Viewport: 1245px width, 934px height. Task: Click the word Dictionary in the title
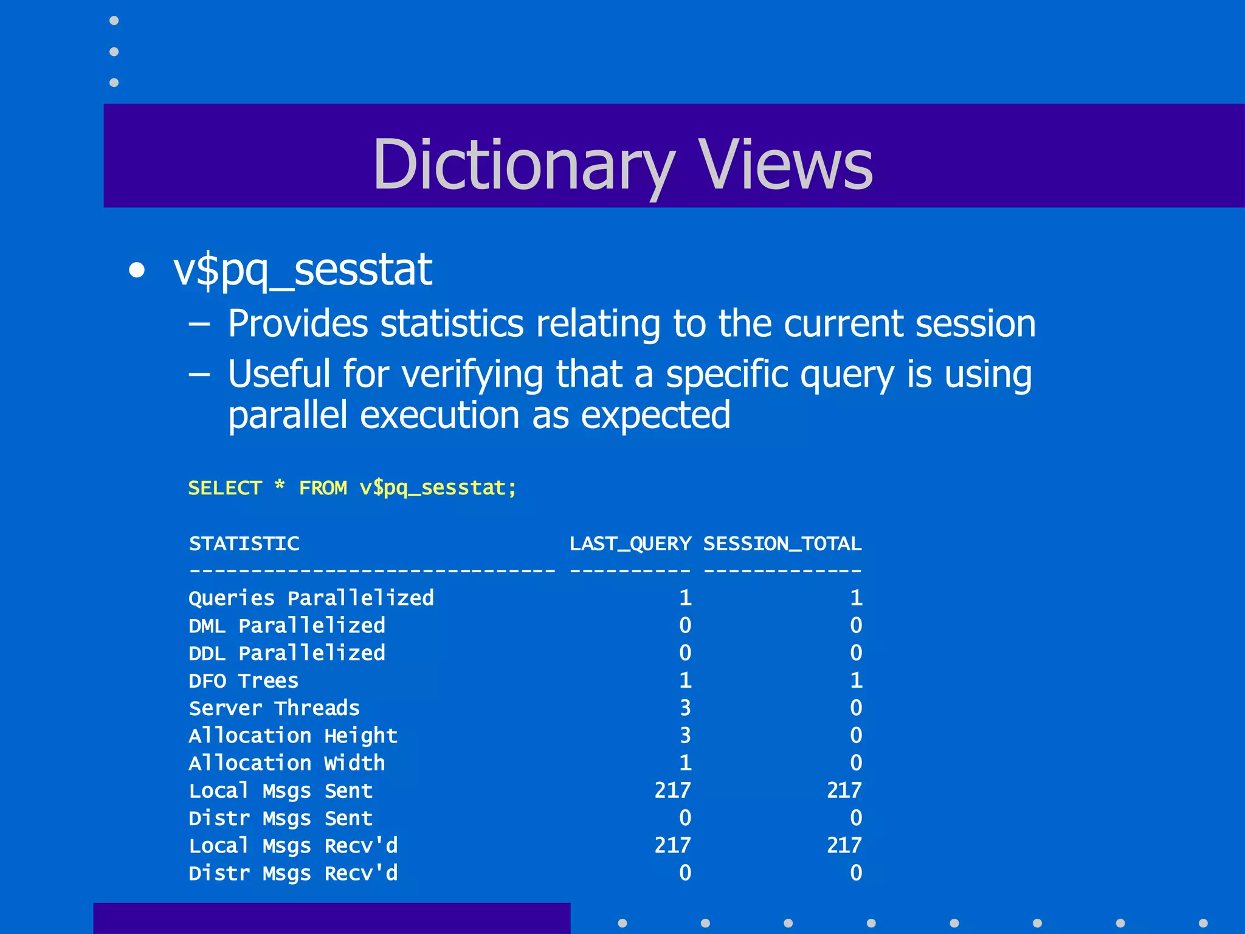click(523, 164)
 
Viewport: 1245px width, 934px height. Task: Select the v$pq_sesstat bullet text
click(302, 269)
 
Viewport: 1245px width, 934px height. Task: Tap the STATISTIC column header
click(244, 544)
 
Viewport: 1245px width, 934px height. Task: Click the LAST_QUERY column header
click(630, 544)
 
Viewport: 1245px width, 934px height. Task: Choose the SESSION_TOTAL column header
click(782, 544)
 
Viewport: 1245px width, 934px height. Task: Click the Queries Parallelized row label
click(311, 598)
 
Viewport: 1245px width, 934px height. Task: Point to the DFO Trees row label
click(244, 681)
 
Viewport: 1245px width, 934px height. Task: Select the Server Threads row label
click(274, 708)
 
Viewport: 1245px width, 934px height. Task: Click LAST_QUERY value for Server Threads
click(685, 708)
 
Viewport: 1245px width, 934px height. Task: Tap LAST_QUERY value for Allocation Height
click(685, 736)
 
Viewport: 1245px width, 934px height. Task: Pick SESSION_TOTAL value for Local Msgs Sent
click(844, 790)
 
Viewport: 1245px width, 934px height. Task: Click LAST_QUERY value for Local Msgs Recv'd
click(672, 845)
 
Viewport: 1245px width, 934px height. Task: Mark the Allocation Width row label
click(287, 763)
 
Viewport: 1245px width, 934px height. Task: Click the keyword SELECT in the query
click(225, 488)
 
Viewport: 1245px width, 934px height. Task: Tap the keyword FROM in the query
click(323, 488)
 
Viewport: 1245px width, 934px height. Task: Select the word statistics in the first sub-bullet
click(452, 323)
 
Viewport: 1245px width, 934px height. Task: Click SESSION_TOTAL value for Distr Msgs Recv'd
click(856, 873)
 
